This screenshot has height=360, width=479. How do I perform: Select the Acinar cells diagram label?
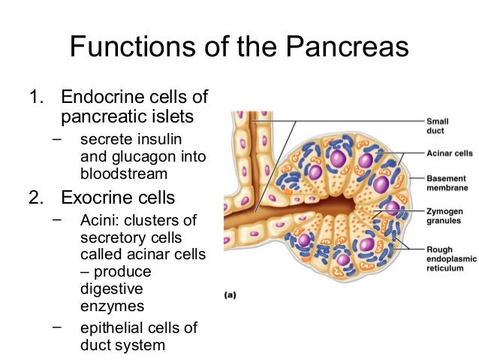[449, 153]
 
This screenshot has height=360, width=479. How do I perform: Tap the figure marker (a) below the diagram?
[231, 295]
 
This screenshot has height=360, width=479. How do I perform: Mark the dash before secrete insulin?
[58, 140]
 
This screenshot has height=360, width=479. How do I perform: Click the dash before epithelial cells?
[58, 327]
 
